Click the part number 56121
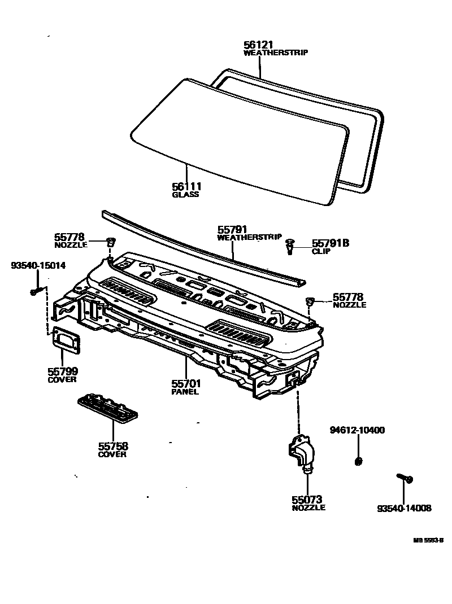(258, 45)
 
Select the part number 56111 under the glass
(187, 186)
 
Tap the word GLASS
(185, 195)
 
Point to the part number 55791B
(331, 243)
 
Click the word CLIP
(320, 252)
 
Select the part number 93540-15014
(38, 265)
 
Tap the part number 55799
(62, 371)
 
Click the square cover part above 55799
(66, 340)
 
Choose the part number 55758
(112, 446)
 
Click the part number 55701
(186, 383)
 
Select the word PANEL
(185, 392)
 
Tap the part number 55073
(307, 499)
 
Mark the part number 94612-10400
(357, 430)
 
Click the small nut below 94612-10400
(357, 462)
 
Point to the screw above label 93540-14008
(406, 479)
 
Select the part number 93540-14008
(404, 508)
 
